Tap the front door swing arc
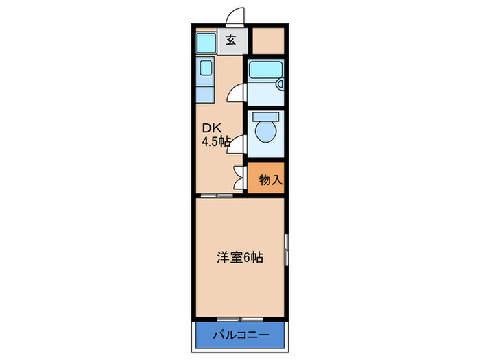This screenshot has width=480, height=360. click(x=237, y=15)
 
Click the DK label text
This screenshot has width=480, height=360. click(x=210, y=128)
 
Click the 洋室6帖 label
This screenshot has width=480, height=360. click(x=240, y=259)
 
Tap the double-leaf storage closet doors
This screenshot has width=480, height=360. click(x=239, y=178)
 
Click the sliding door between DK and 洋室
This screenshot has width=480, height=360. click(x=215, y=196)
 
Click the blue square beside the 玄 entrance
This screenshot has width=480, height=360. click(x=206, y=42)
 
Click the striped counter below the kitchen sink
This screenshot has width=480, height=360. click(x=205, y=95)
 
